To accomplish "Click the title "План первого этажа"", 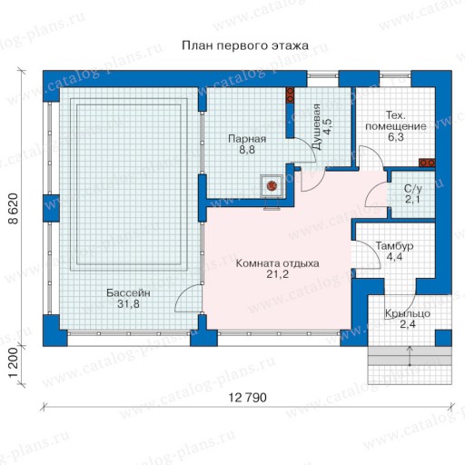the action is (x=245, y=45).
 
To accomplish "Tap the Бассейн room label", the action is (x=128, y=293).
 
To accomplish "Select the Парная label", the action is (x=247, y=139).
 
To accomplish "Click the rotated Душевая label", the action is (x=317, y=126).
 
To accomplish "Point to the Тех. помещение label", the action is (x=396, y=121).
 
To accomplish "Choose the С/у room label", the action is (x=413, y=189).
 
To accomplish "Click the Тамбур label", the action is (x=394, y=246).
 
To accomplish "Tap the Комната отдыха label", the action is (x=277, y=263).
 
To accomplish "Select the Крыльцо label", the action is (x=408, y=313).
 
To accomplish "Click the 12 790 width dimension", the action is (x=247, y=398).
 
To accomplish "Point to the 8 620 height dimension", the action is (x=14, y=209).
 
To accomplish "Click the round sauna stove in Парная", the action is (x=272, y=185).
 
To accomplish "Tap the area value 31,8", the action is (x=128, y=303).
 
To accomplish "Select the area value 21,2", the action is (x=277, y=274).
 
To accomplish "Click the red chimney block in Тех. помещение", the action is (x=427, y=163).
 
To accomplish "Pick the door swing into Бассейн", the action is (x=183, y=294).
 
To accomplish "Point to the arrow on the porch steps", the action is (x=410, y=356).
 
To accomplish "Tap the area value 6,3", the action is (x=396, y=137).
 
